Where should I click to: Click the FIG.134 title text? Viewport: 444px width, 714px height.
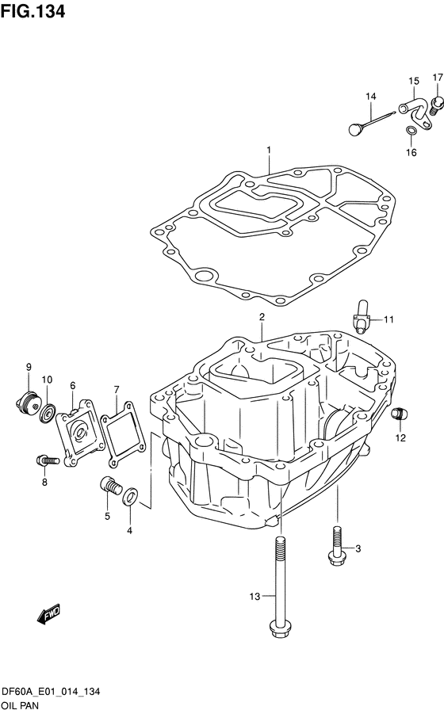tap(33, 11)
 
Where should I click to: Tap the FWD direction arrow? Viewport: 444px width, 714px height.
tap(48, 614)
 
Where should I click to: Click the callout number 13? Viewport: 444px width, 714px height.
tap(255, 596)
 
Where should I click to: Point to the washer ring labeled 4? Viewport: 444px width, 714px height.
tap(130, 496)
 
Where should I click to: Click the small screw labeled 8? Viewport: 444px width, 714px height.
tap(48, 461)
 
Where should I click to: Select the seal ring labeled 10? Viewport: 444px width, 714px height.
tap(48, 413)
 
